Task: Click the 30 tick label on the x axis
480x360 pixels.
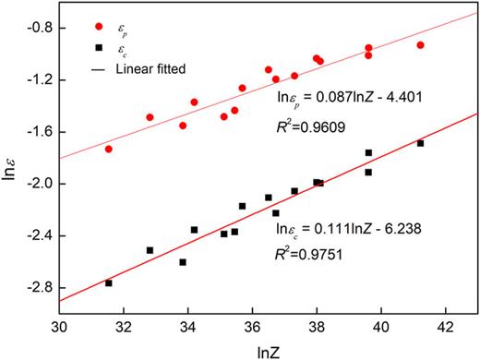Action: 59,326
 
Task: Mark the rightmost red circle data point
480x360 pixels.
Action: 420,45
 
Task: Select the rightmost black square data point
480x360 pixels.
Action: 420,143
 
